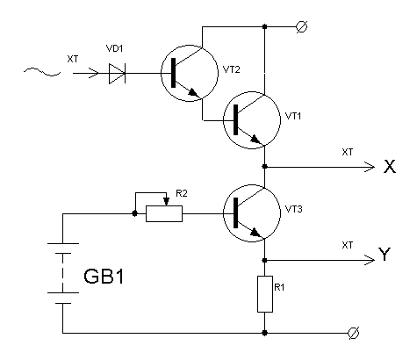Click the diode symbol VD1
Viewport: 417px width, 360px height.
pyautogui.click(x=117, y=73)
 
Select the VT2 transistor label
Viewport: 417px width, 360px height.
pyautogui.click(x=231, y=69)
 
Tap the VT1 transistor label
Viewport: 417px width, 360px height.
pyautogui.click(x=293, y=116)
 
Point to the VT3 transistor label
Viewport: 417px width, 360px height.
pyautogui.click(x=293, y=209)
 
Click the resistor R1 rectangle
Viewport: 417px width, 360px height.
pyautogui.click(x=265, y=294)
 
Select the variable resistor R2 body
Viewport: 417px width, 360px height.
pyautogui.click(x=164, y=213)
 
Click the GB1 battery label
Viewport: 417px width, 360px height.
pyautogui.click(x=104, y=277)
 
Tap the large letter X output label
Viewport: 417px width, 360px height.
pyautogui.click(x=390, y=167)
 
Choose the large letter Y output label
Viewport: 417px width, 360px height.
pyautogui.click(x=385, y=254)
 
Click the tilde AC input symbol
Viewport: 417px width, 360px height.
pyautogui.click(x=42, y=72)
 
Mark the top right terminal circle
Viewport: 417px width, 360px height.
pyautogui.click(x=301, y=27)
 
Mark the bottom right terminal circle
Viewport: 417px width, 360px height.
pyautogui.click(x=354, y=333)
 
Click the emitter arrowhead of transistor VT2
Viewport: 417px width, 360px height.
pyautogui.click(x=194, y=93)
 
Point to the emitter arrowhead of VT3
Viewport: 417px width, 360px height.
pyautogui.click(x=256, y=233)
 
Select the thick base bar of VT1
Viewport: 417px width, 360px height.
pyautogui.click(x=235, y=119)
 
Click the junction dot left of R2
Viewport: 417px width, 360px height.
pyautogui.click(x=134, y=213)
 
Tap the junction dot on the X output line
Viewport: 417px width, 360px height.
pyautogui.click(x=265, y=167)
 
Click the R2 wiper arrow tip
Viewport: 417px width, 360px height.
pyautogui.click(x=167, y=205)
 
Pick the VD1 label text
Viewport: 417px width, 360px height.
pyautogui.click(x=114, y=48)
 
